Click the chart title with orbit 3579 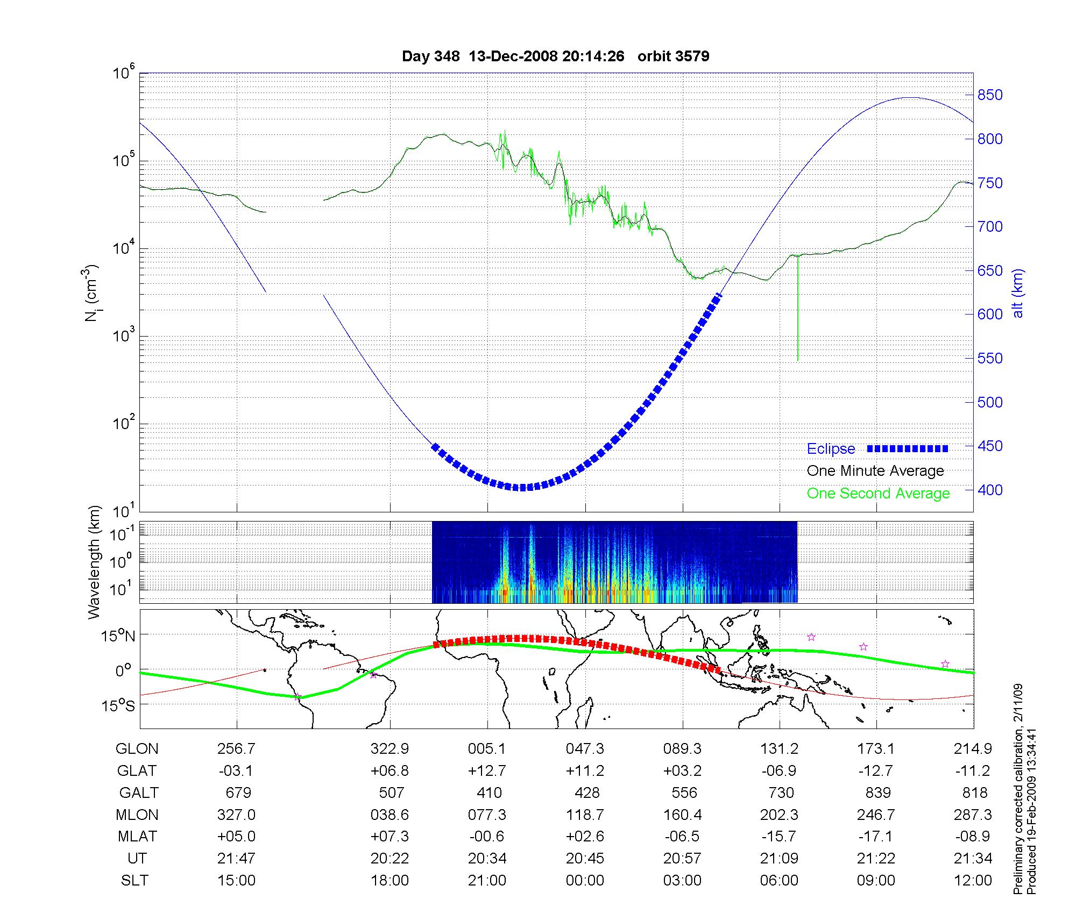pyautogui.click(x=556, y=56)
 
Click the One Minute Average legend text pyautogui.click(x=875, y=471)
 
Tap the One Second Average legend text pyautogui.click(x=878, y=494)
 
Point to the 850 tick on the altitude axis pyautogui.click(x=990, y=95)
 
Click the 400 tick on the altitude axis pyautogui.click(x=990, y=490)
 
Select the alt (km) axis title pyautogui.click(x=1018, y=293)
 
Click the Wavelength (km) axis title pyautogui.click(x=95, y=562)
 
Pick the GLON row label pyautogui.click(x=137, y=748)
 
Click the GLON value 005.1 pyautogui.click(x=487, y=748)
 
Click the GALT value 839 pyautogui.click(x=877, y=792)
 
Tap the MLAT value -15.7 pyautogui.click(x=779, y=837)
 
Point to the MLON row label pyautogui.click(x=137, y=815)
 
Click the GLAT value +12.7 pyautogui.click(x=487, y=770)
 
